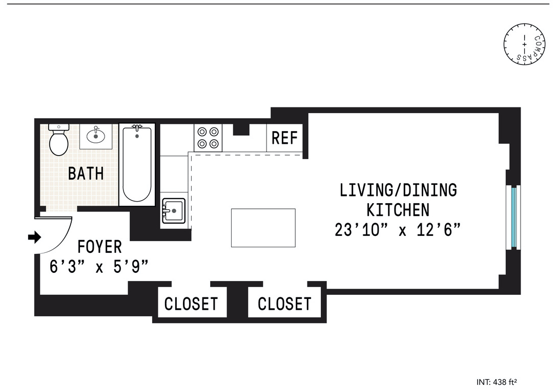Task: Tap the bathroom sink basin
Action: tap(96, 136)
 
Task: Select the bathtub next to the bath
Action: tap(137, 164)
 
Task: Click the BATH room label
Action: tap(86, 174)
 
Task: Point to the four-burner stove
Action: tap(208, 137)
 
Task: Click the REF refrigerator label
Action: tap(284, 138)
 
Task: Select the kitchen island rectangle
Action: tap(263, 228)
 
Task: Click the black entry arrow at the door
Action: tap(35, 237)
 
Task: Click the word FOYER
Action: tap(100, 247)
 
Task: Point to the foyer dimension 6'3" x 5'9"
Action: tap(99, 267)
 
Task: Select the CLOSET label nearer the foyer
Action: tap(191, 304)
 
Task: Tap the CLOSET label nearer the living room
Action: tap(284, 304)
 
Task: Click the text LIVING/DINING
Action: tap(398, 190)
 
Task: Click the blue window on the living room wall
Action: tap(513, 217)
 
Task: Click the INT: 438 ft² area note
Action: tap(500, 382)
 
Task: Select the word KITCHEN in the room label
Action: tap(398, 210)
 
